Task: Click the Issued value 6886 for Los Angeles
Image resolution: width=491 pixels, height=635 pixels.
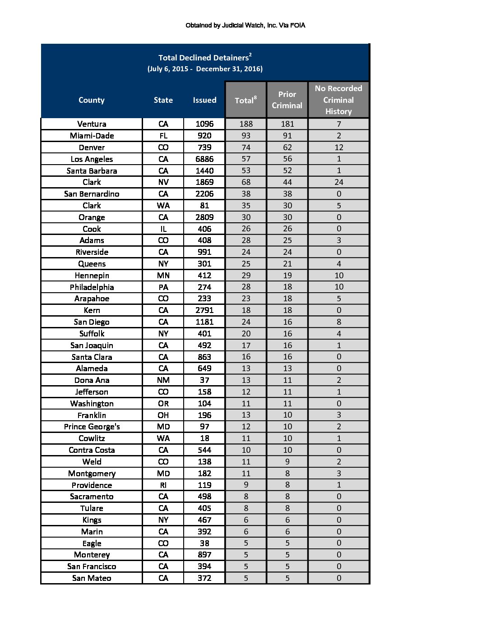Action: (204, 159)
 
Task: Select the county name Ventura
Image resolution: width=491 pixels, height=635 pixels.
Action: (92, 124)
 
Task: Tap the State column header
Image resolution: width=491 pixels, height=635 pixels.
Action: (163, 100)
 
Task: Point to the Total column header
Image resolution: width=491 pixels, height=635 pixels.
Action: (245, 100)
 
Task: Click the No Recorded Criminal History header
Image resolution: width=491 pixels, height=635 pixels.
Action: (338, 100)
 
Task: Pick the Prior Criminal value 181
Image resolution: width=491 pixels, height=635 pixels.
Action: (287, 124)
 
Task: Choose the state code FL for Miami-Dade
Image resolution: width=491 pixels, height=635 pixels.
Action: (163, 136)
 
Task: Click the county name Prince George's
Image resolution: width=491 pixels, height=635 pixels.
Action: (92, 427)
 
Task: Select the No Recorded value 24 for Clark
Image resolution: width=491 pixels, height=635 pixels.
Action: (338, 182)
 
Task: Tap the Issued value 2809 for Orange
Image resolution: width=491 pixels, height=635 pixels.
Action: (204, 217)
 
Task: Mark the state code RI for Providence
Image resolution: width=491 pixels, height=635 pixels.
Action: (163, 485)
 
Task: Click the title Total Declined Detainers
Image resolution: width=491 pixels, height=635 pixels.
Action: (205, 58)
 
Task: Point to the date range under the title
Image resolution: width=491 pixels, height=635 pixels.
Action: (205, 69)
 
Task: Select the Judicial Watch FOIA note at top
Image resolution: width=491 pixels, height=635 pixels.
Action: (245, 25)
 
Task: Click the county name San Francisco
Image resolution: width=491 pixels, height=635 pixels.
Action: (92, 566)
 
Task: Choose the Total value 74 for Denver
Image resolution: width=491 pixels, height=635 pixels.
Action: (245, 147)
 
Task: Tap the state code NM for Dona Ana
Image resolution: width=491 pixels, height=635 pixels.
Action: (163, 380)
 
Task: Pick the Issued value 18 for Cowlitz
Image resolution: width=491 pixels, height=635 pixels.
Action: (204, 438)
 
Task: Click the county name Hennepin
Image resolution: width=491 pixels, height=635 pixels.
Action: (92, 276)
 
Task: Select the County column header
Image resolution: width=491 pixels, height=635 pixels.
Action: (92, 100)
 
